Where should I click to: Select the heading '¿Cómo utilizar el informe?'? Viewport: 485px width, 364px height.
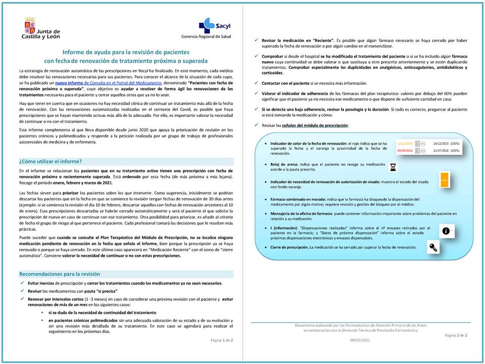pos(51,161)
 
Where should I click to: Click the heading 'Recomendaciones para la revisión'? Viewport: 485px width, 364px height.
pos(60,274)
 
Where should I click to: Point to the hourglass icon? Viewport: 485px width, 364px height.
pos(393,165)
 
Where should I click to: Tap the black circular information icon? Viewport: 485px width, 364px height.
pos(446,231)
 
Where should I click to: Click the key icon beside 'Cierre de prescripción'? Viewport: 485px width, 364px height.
pos(434,247)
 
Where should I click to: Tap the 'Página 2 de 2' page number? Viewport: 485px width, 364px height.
pos(456,335)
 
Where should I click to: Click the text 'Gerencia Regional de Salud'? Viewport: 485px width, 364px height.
pos(206,37)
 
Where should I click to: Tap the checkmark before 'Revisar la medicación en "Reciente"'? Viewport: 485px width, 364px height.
pos(257,39)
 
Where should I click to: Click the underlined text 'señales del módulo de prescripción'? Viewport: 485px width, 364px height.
pos(318,125)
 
